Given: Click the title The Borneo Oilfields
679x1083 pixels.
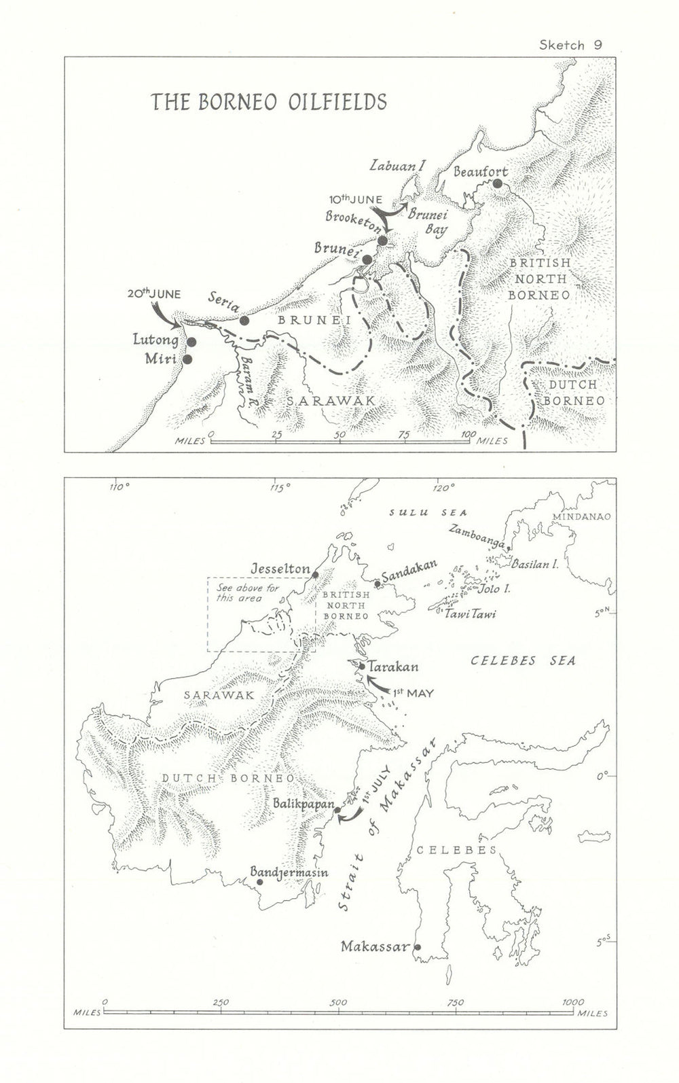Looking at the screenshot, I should coord(268,102).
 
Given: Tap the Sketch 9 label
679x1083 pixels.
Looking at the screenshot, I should coord(570,46).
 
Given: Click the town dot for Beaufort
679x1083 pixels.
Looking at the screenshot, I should coord(498,183).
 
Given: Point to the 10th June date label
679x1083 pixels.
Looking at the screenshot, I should coord(355,200).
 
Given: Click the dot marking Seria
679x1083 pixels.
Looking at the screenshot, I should coord(244,320).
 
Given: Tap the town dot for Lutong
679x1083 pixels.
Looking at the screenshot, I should coord(191,342).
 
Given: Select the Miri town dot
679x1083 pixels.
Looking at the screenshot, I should coord(187,359).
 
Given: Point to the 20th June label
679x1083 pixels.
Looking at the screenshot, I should coord(154,294).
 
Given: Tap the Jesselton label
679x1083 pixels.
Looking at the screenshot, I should coord(280,568).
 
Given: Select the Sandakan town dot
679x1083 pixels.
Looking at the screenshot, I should coord(378,584).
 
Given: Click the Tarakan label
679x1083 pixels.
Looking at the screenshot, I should coord(394,667).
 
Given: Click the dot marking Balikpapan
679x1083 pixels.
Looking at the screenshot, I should coord(337,810).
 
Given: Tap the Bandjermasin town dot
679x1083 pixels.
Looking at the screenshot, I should coord(259,882).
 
